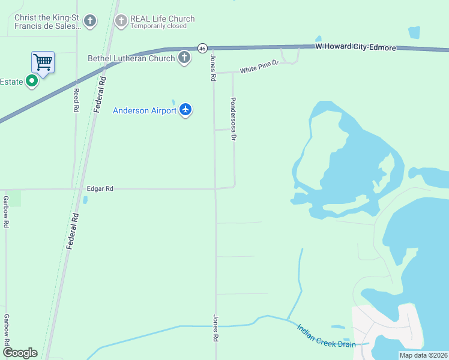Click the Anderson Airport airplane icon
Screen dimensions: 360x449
pyautogui.click(x=185, y=110)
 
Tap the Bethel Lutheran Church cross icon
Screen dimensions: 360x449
pyautogui.click(x=184, y=58)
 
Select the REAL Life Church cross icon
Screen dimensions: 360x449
pyautogui.click(x=121, y=22)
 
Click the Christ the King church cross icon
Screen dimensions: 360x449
pyautogui.click(x=90, y=22)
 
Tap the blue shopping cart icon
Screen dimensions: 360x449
pyautogui.click(x=43, y=61)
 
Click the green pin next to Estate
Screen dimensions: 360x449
pyautogui.click(x=32, y=81)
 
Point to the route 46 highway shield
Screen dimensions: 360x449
pyautogui.click(x=202, y=48)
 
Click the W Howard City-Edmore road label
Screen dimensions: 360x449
pyautogui.click(x=356, y=47)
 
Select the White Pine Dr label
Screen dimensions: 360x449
pyautogui.click(x=259, y=67)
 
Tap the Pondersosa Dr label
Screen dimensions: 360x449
pyautogui.click(x=234, y=119)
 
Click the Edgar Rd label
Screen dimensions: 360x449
pyautogui.click(x=100, y=188)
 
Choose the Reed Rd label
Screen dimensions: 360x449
pyautogui.click(x=76, y=100)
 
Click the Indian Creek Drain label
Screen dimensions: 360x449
pyautogui.click(x=326, y=336)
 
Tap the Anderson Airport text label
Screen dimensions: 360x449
pyautogui.click(x=145, y=110)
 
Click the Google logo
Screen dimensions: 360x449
pyautogui.click(x=20, y=353)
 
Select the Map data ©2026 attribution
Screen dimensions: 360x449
pyautogui.click(x=423, y=355)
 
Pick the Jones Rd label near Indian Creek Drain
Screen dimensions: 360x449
pyautogui.click(x=214, y=328)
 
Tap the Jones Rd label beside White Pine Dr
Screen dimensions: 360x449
pyautogui.click(x=212, y=68)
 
